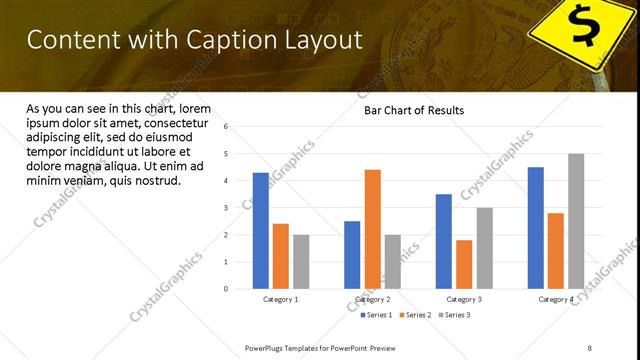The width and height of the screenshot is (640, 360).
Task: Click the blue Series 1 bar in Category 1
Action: (260, 231)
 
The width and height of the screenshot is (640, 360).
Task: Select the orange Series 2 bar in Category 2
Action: (372, 229)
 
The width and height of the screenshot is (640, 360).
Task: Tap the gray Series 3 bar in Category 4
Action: (575, 221)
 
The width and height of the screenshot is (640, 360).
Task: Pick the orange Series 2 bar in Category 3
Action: (464, 264)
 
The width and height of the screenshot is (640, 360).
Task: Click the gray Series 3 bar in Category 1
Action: (301, 262)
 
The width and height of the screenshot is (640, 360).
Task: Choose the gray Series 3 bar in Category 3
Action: (484, 248)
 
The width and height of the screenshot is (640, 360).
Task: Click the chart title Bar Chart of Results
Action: (413, 110)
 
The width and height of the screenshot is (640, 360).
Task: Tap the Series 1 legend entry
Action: (376, 315)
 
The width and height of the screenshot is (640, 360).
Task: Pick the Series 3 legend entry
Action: (455, 315)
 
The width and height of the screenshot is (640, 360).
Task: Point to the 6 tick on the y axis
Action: (227, 127)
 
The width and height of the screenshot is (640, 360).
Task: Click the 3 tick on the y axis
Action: (227, 208)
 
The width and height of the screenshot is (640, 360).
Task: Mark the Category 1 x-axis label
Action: (281, 299)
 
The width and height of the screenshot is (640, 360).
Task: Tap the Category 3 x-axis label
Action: (464, 299)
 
